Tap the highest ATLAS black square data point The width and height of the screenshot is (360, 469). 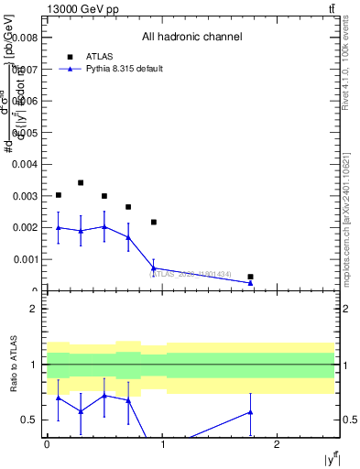pyautogui.click(x=81, y=183)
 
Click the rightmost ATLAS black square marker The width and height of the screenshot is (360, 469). pyautogui.click(x=250, y=277)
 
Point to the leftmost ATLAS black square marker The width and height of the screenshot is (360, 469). pyautogui.click(x=59, y=195)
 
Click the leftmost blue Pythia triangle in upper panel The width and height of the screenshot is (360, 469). pyautogui.click(x=59, y=227)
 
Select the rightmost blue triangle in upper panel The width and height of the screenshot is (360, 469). pyautogui.click(x=250, y=283)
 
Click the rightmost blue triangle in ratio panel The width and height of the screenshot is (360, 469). pyautogui.click(x=250, y=412)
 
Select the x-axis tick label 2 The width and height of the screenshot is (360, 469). pyautogui.click(x=278, y=444)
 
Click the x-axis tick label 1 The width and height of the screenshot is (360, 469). pyautogui.click(x=162, y=444)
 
